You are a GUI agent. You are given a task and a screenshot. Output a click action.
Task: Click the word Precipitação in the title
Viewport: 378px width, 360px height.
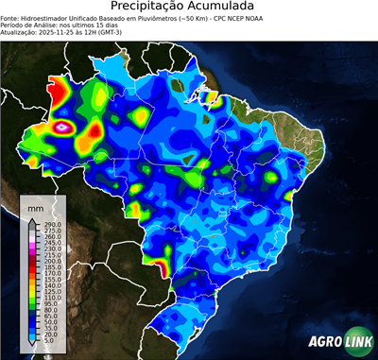click(152, 8)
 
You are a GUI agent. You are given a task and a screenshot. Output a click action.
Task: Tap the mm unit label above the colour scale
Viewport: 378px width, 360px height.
click(36, 206)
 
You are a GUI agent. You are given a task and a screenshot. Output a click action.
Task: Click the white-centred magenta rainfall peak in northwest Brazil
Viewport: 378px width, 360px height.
click(63, 125)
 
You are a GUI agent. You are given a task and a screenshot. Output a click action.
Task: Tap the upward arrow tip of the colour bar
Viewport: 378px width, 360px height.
click(32, 219)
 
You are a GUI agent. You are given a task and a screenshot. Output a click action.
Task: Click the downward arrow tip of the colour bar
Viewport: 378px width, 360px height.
click(32, 346)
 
